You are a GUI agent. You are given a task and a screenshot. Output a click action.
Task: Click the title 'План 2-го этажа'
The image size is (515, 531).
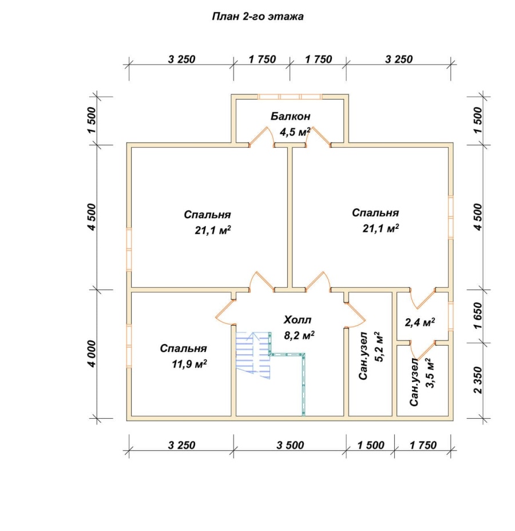[257, 17]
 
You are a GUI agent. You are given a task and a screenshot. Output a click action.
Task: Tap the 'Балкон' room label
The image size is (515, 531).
[290, 117]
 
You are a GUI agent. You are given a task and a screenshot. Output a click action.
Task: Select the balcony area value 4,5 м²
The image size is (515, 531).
[295, 132]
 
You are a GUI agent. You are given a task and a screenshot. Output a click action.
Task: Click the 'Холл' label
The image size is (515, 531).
[298, 320]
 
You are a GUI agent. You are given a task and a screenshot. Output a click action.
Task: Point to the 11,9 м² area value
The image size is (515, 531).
[189, 364]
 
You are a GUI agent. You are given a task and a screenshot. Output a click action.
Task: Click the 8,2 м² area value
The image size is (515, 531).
[299, 336]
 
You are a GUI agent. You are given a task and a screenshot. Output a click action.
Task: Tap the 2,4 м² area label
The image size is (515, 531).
[420, 322]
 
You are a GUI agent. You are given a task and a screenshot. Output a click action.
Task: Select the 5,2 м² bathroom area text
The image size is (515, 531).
[379, 347]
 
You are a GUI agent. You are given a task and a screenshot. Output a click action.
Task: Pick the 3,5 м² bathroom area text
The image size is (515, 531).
[429, 373]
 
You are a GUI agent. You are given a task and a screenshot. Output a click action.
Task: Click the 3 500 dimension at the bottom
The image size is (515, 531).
[290, 445]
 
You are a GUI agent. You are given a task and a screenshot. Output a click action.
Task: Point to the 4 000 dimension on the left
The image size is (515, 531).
[92, 354]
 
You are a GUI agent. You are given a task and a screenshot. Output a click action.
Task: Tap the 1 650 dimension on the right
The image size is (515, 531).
[478, 316]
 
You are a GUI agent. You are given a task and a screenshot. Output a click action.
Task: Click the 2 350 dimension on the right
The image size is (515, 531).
[478, 380]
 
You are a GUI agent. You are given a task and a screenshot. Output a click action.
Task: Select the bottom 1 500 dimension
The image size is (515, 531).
[371, 445]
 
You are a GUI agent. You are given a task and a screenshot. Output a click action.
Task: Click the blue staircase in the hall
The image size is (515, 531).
[253, 355]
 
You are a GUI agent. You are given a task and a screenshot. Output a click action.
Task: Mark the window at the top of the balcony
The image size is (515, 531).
[290, 97]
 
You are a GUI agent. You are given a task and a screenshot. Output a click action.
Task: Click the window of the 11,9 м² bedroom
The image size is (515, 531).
[129, 346]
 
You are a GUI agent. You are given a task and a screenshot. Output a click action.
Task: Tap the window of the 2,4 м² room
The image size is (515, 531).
[451, 316]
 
